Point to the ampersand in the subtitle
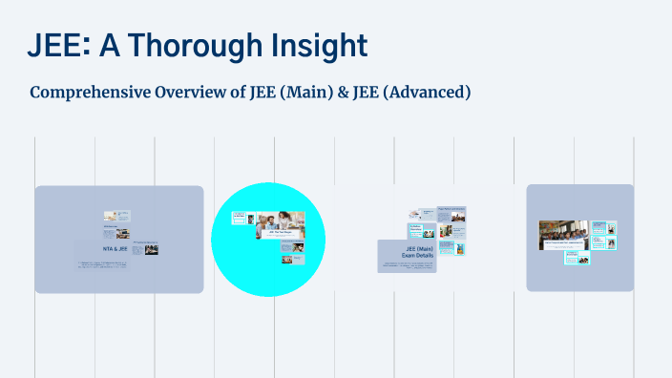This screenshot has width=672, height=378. pos(341,93)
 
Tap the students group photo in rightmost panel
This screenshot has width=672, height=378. pos(565,233)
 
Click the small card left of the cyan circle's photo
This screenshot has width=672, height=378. pos(241,220)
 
